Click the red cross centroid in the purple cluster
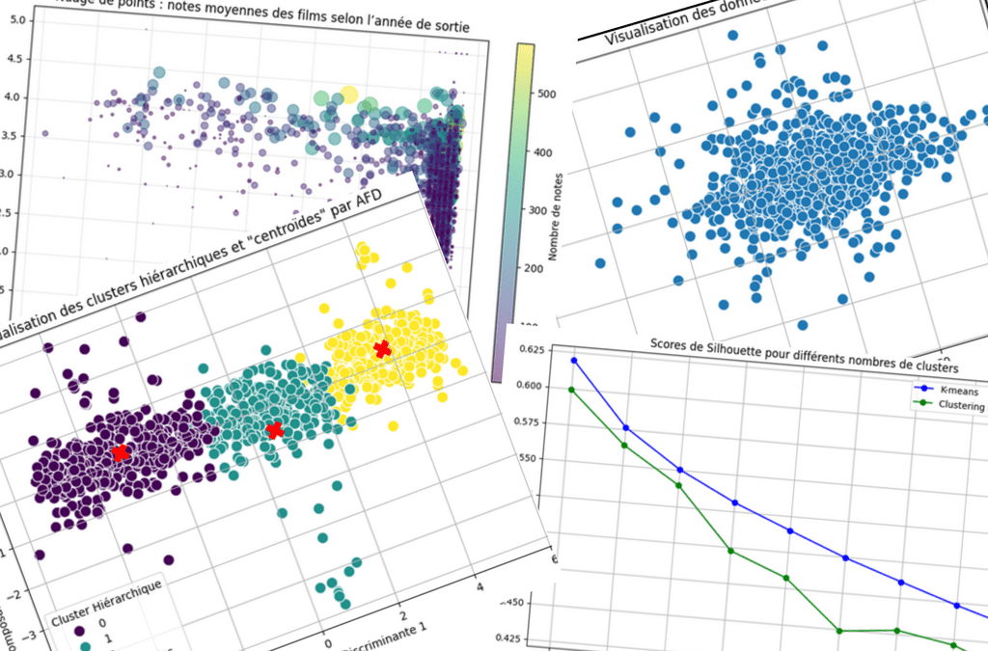pos(121,452)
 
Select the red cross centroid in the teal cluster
pos(275,429)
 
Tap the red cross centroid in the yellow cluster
pos(382,349)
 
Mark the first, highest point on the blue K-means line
pos(574,361)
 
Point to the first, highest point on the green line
pos(572,390)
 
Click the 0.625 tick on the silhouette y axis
pos(533,349)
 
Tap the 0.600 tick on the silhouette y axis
pos(533,386)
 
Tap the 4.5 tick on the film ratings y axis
pos(14,58)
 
